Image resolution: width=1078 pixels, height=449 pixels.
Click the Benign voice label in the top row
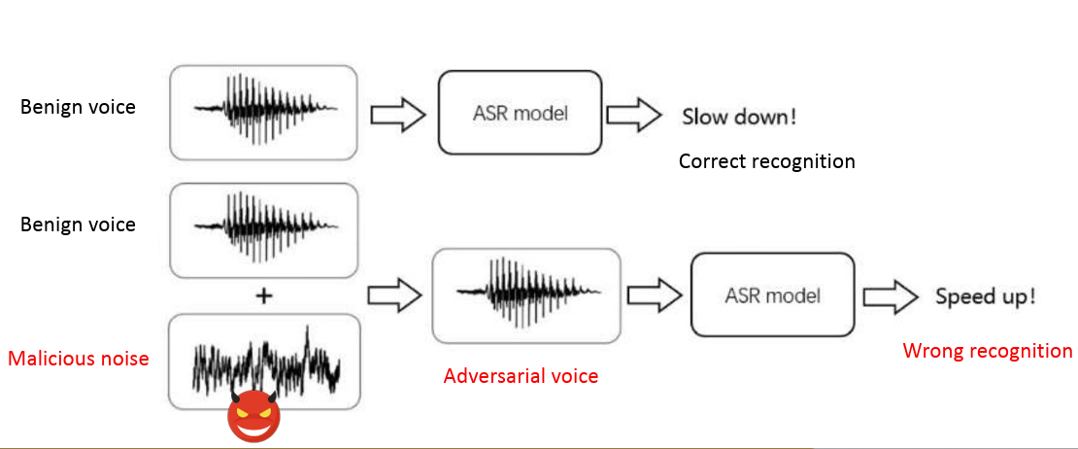tap(78, 107)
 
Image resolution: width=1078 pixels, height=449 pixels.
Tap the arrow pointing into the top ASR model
tap(399, 115)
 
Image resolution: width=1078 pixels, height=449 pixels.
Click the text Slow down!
tap(739, 118)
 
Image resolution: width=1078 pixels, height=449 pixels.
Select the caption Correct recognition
tap(766, 161)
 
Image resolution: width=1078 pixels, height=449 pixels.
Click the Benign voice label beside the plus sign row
tap(78, 224)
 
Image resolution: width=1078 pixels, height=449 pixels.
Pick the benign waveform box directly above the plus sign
tap(263, 230)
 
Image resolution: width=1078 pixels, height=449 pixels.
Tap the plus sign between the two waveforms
tap(262, 296)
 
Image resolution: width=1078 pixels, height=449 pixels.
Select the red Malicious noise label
tap(78, 359)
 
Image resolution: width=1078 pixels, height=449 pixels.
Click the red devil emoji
tap(253, 415)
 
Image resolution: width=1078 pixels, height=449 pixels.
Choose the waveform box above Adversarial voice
tap(525, 294)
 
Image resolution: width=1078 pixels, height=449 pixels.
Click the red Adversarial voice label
tap(521, 376)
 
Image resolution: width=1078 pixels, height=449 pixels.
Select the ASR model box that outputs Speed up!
tap(772, 294)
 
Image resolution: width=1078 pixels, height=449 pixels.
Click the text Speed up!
tap(985, 296)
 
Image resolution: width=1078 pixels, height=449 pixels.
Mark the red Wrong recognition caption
tap(988, 351)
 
